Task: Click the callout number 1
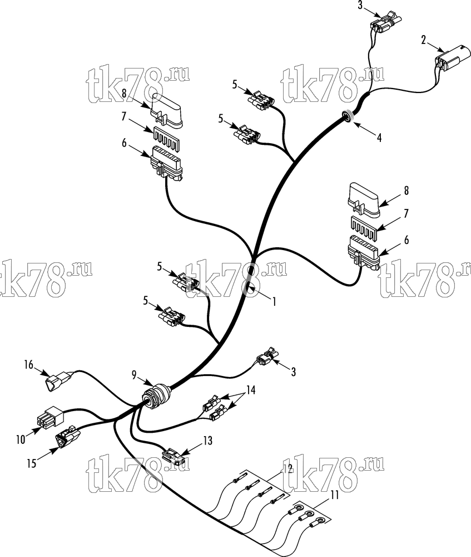pyautogui.click(x=274, y=301)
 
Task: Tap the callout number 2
pyautogui.click(x=424, y=40)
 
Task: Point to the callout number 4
pyautogui.click(x=379, y=138)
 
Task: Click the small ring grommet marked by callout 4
pyautogui.click(x=346, y=116)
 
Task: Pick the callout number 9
pyautogui.click(x=133, y=375)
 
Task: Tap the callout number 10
pyautogui.click(x=21, y=439)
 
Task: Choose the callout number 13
pyautogui.click(x=207, y=441)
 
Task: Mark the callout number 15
pyautogui.click(x=32, y=463)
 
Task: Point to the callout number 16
pyautogui.click(x=29, y=365)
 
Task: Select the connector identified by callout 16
pyautogui.click(x=60, y=382)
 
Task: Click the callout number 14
pyautogui.click(x=251, y=390)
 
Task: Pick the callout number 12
pyautogui.click(x=288, y=468)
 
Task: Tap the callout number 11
pyautogui.click(x=334, y=495)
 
